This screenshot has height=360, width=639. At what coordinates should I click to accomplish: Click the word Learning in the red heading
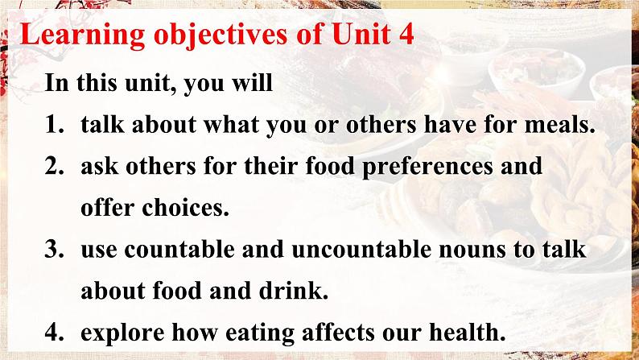pos(83,35)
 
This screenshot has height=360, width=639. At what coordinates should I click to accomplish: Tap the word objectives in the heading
pos(221,35)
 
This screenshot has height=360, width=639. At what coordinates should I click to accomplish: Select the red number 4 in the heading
pos(405,34)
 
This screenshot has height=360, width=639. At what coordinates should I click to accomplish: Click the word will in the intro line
pos(252,83)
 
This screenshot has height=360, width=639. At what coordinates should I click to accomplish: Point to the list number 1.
pos(54,125)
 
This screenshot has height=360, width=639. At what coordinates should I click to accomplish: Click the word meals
pos(559,124)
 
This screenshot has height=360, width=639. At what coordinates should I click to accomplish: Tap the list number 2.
pos(54,167)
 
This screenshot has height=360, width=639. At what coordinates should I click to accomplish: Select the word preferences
pos(427,168)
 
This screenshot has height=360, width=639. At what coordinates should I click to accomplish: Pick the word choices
pos(185,208)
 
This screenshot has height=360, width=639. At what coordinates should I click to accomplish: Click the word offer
pos(108,208)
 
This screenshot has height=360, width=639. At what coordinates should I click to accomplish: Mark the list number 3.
pos(54,250)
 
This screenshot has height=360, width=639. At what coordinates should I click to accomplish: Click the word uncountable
pos(361,250)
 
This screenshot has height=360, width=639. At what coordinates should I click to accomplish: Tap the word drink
pos(294,291)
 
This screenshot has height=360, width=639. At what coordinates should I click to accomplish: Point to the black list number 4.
pos(54,333)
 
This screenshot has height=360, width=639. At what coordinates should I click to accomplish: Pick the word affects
pos(338,333)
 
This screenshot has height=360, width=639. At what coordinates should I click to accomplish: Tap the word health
pos(468,333)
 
